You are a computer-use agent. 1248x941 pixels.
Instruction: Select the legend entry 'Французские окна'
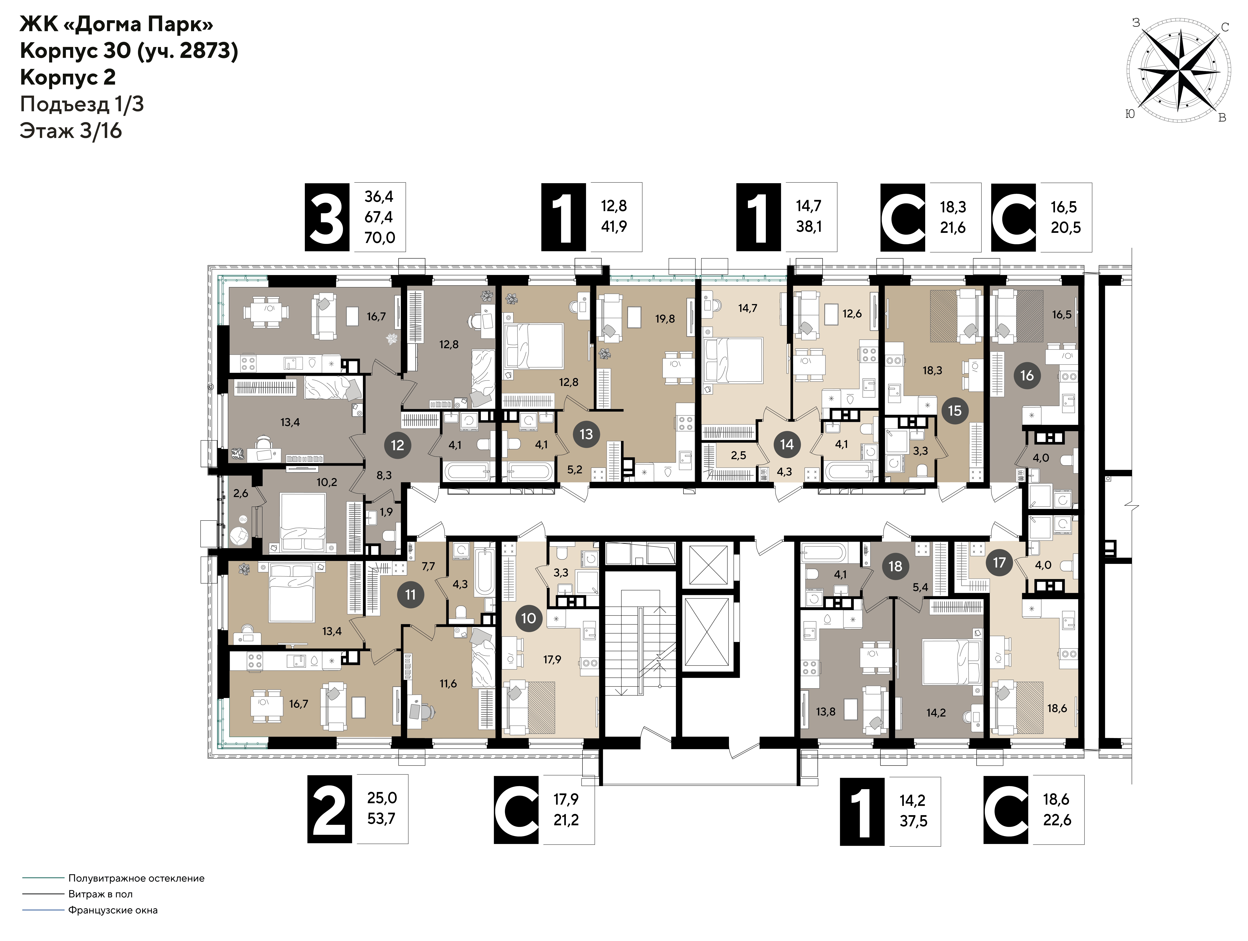pyautogui.click(x=113, y=910)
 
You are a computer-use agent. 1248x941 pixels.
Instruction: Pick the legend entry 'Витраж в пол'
pyautogui.click(x=100, y=894)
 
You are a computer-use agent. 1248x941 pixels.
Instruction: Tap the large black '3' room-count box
pyautogui.click(x=327, y=217)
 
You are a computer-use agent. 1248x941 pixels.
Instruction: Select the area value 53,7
pyautogui.click(x=381, y=818)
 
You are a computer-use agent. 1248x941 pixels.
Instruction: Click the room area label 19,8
pyautogui.click(x=665, y=319)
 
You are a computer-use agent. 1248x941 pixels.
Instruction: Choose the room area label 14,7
pyautogui.click(x=747, y=308)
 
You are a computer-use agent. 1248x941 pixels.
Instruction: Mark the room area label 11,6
pyautogui.click(x=448, y=684)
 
